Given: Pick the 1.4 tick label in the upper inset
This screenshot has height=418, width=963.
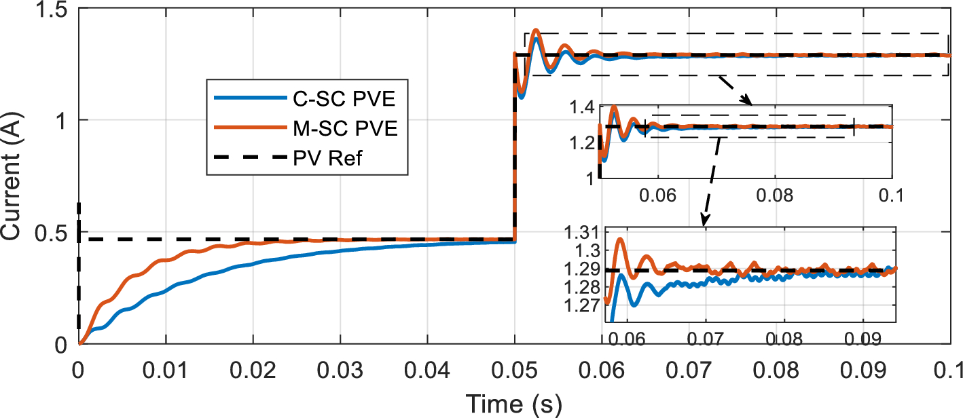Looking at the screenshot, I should (583, 107).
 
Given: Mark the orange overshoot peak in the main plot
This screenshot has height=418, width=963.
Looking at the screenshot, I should (536, 30).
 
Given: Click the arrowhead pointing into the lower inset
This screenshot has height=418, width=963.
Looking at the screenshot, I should (704, 221).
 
